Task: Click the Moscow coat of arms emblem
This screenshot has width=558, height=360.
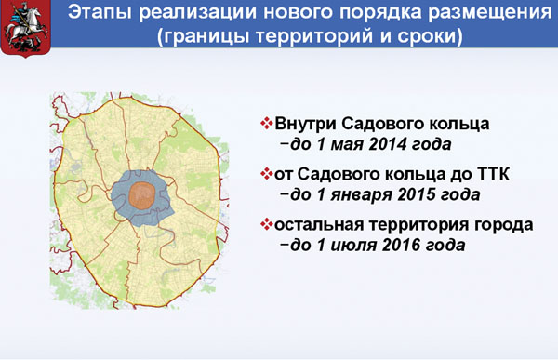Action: click(26, 28)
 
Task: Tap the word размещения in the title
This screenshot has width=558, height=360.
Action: click(490, 12)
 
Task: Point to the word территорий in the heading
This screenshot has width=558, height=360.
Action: click(314, 36)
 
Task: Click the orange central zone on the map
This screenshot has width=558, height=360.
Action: click(142, 195)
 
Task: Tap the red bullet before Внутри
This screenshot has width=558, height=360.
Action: click(266, 123)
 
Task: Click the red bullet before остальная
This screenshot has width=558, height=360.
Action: click(266, 224)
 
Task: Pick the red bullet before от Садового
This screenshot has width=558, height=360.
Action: click(266, 174)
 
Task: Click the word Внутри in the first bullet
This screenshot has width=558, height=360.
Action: click(306, 124)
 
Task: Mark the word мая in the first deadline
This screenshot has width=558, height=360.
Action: click(347, 145)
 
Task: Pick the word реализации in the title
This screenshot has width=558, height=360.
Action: click(198, 13)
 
